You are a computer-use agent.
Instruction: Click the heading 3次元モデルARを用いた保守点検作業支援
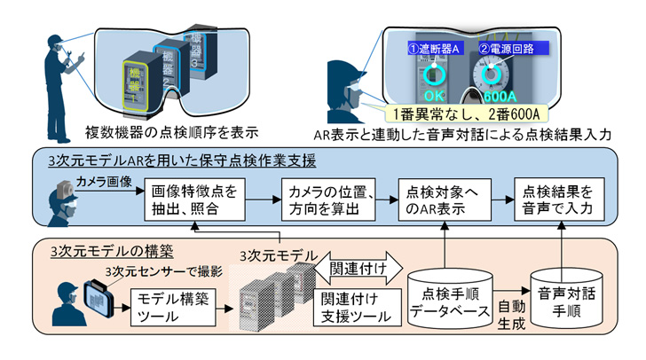pos(182,161)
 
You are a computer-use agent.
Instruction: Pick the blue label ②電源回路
pos(511,47)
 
